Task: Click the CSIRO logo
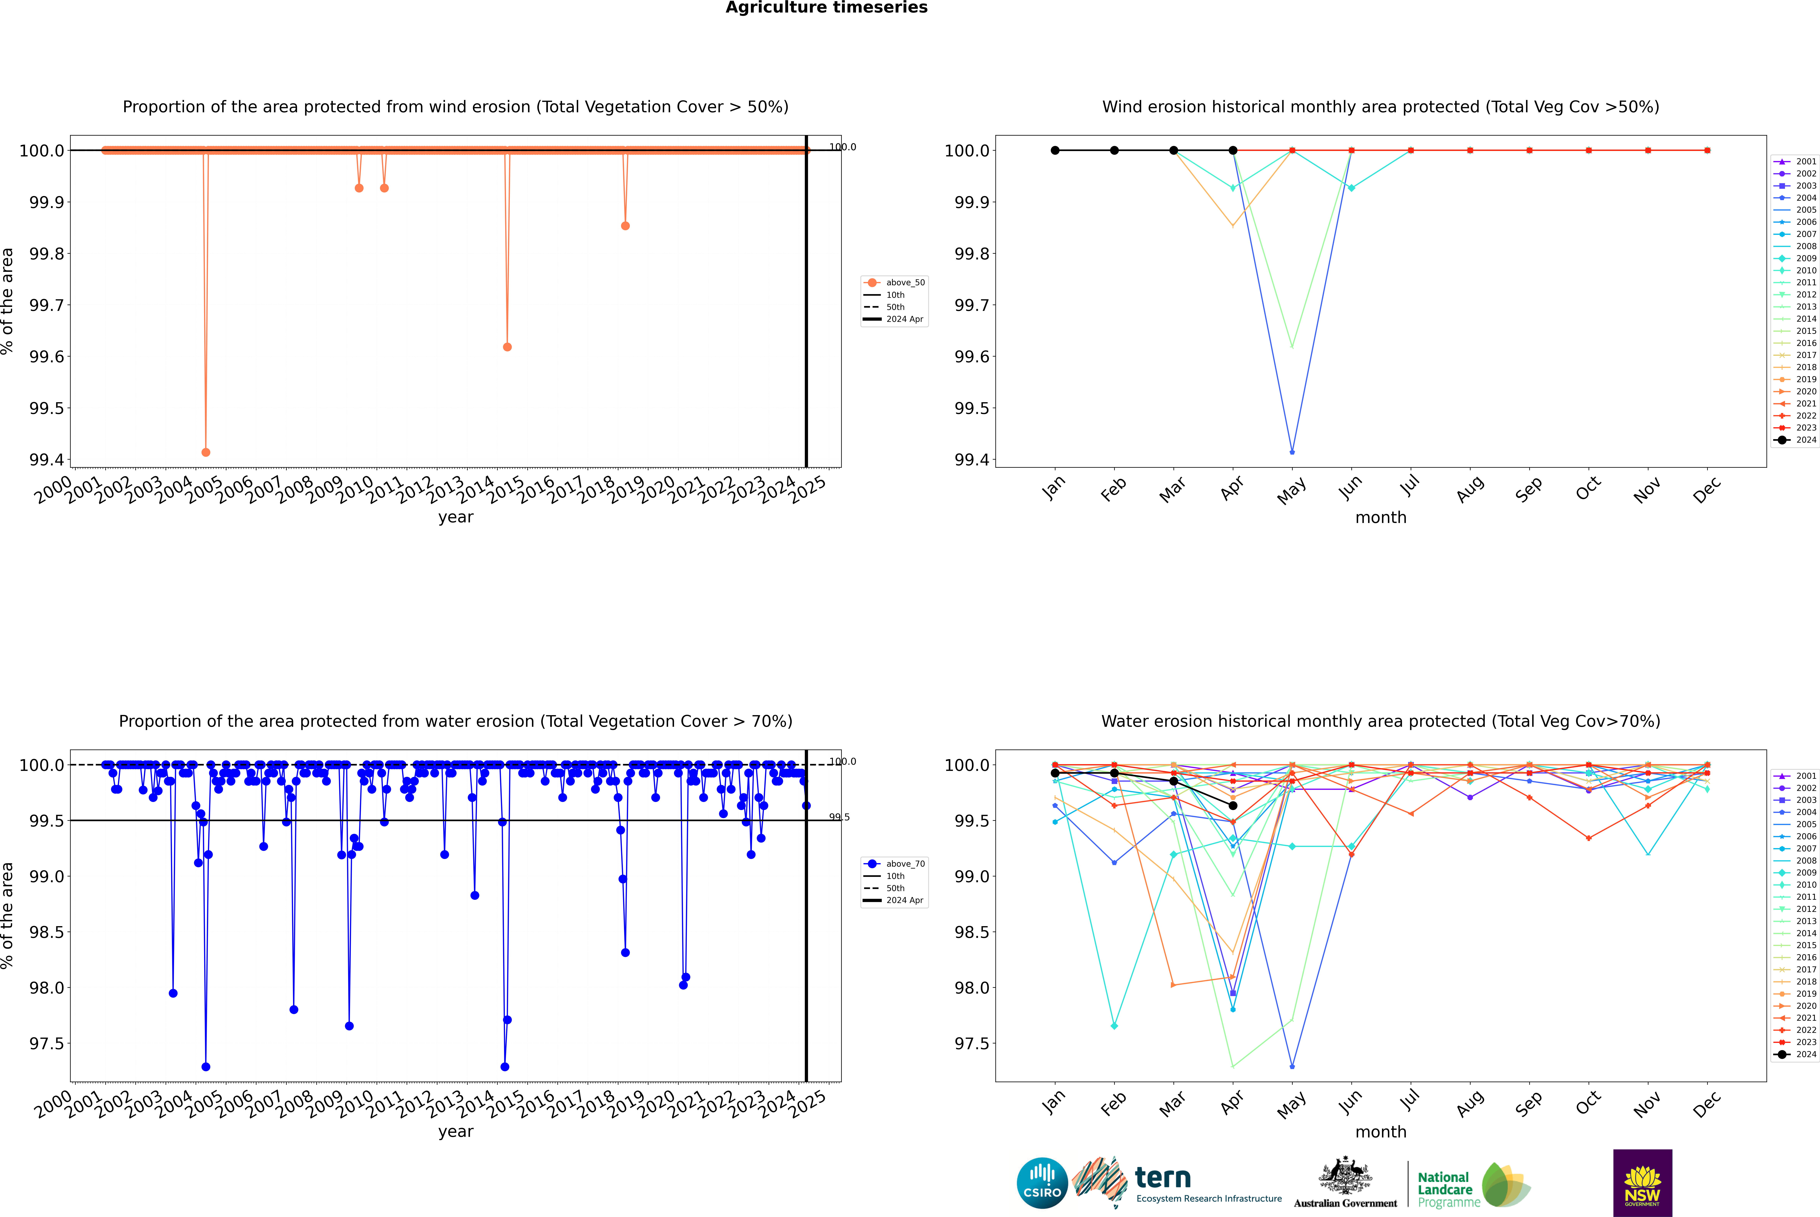1042,1183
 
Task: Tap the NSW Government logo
1642,1183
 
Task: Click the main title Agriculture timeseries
826,8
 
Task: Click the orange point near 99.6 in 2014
507,347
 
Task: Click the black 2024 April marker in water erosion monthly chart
1233,806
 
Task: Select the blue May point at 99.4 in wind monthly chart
1292,452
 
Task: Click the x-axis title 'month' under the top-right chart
1380,518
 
